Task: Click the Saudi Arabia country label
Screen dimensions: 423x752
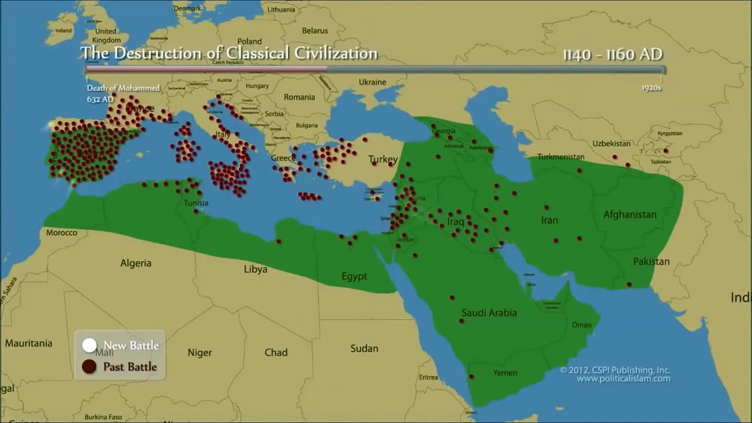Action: [x=489, y=313]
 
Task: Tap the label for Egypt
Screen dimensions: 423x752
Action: [x=354, y=276]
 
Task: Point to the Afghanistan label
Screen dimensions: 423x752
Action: [x=630, y=214]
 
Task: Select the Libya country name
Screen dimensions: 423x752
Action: [x=256, y=269]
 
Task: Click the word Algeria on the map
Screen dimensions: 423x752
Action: [x=136, y=263]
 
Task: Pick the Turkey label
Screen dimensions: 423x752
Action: [x=383, y=159]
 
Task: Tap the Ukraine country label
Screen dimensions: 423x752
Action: [x=372, y=82]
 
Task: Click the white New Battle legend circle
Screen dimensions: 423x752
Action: [x=89, y=345]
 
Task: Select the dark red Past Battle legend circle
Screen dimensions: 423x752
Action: [x=89, y=367]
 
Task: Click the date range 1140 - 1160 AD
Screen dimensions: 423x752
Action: [x=612, y=55]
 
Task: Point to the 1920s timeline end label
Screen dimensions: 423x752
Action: [x=652, y=88]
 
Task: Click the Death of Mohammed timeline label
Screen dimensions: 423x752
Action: [x=123, y=88]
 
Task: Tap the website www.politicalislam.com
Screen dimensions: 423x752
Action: [x=623, y=379]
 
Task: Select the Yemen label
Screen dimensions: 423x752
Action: [x=505, y=372]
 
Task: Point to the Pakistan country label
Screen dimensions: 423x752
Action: [x=651, y=261]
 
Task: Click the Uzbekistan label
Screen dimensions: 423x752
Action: [x=611, y=143]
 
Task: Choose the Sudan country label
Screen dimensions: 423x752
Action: [x=364, y=348]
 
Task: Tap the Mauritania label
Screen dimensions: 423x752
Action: [x=29, y=343]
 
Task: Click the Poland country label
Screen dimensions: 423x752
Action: [x=250, y=41]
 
